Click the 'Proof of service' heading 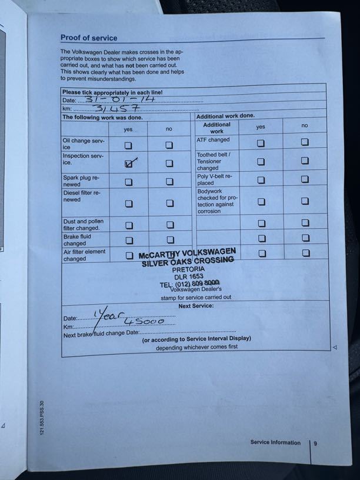(x=89, y=38)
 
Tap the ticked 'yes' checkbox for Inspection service (x=129, y=164)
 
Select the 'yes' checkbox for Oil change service (x=128, y=145)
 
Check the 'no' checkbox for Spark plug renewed (x=169, y=181)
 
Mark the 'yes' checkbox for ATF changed (x=261, y=143)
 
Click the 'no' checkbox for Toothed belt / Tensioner (x=305, y=161)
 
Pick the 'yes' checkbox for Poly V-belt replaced (x=261, y=179)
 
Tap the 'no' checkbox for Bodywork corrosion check (x=305, y=201)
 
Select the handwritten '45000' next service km (x=144, y=322)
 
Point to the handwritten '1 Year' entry (x=106, y=315)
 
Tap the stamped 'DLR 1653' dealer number (x=188, y=276)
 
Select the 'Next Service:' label (x=196, y=306)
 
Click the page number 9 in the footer (x=315, y=444)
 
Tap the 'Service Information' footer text (x=275, y=442)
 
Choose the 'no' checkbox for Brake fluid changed (x=169, y=240)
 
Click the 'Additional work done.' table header (x=225, y=116)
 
